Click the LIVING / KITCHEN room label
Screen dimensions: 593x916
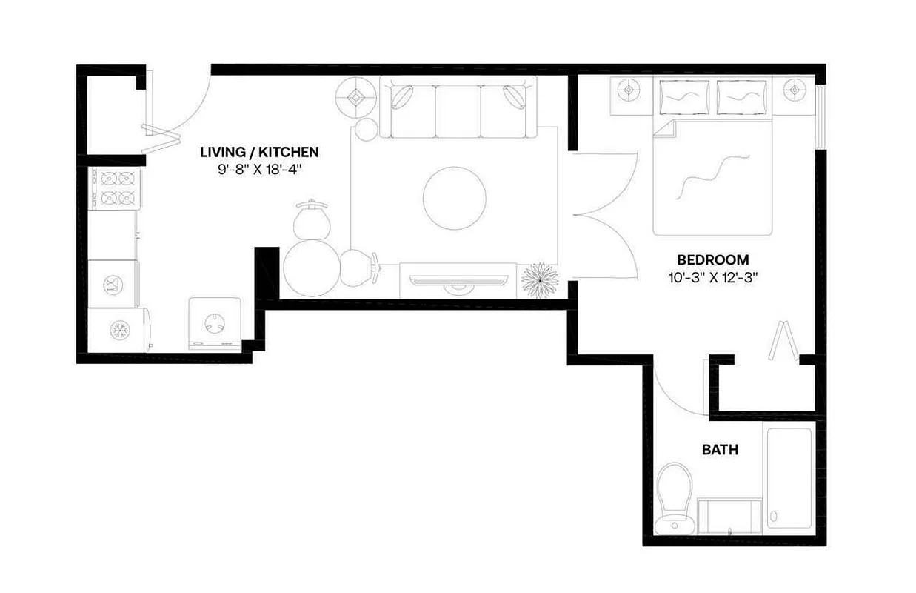pyautogui.click(x=259, y=152)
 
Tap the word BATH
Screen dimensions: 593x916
pyautogui.click(x=720, y=450)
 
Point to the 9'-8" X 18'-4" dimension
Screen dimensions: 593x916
pyautogui.click(x=259, y=169)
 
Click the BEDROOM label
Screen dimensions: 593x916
pyautogui.click(x=712, y=260)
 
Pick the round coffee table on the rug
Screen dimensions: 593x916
pyautogui.click(x=455, y=198)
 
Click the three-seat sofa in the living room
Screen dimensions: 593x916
pyautogui.click(x=458, y=107)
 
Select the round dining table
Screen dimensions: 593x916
pyautogui.click(x=311, y=268)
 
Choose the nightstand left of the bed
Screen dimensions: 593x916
pyautogui.click(x=629, y=90)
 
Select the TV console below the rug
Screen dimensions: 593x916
pyautogui.click(x=458, y=279)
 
